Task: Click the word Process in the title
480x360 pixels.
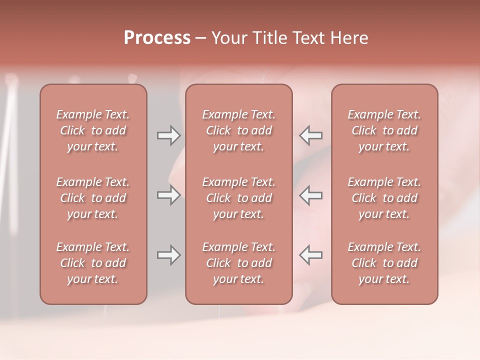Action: [157, 38]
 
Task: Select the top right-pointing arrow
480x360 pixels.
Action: [168, 135]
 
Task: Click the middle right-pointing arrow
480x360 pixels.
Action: [168, 195]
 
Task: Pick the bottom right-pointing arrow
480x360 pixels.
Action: [168, 255]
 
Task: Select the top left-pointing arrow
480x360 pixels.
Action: [311, 135]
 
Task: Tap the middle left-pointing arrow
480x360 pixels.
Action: [311, 195]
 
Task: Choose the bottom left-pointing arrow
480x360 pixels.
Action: [311, 255]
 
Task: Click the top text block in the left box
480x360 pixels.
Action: [93, 130]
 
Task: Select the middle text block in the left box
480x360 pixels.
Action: [93, 198]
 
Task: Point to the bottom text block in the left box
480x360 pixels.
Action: [93, 263]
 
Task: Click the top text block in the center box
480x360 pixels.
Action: [239, 130]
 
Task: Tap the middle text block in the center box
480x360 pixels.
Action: [239, 198]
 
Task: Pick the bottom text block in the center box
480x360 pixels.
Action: [239, 263]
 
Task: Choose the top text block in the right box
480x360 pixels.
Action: [384, 130]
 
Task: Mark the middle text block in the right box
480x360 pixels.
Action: [384, 198]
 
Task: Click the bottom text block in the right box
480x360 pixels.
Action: [384, 263]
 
